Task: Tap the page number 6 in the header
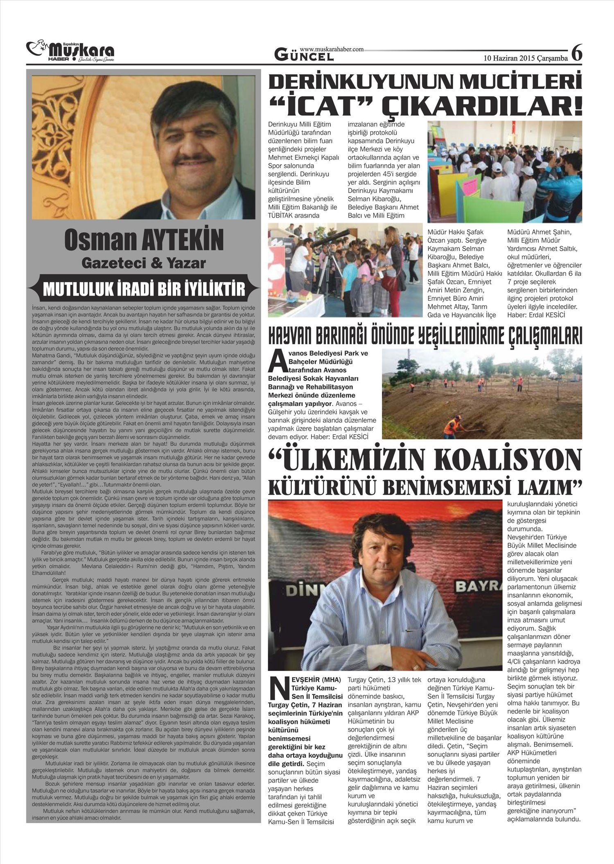click(x=576, y=54)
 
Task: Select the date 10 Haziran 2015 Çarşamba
click(x=526, y=58)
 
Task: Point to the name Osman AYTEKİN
click(x=144, y=240)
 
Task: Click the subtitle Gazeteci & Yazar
click(x=144, y=263)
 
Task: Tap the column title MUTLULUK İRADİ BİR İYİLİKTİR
click(x=144, y=289)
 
